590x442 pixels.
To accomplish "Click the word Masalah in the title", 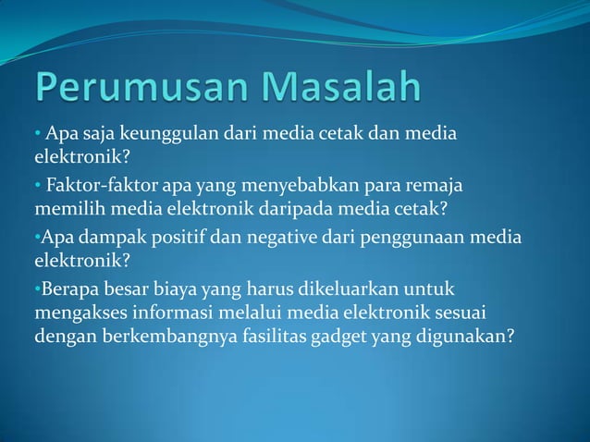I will (342, 89).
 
